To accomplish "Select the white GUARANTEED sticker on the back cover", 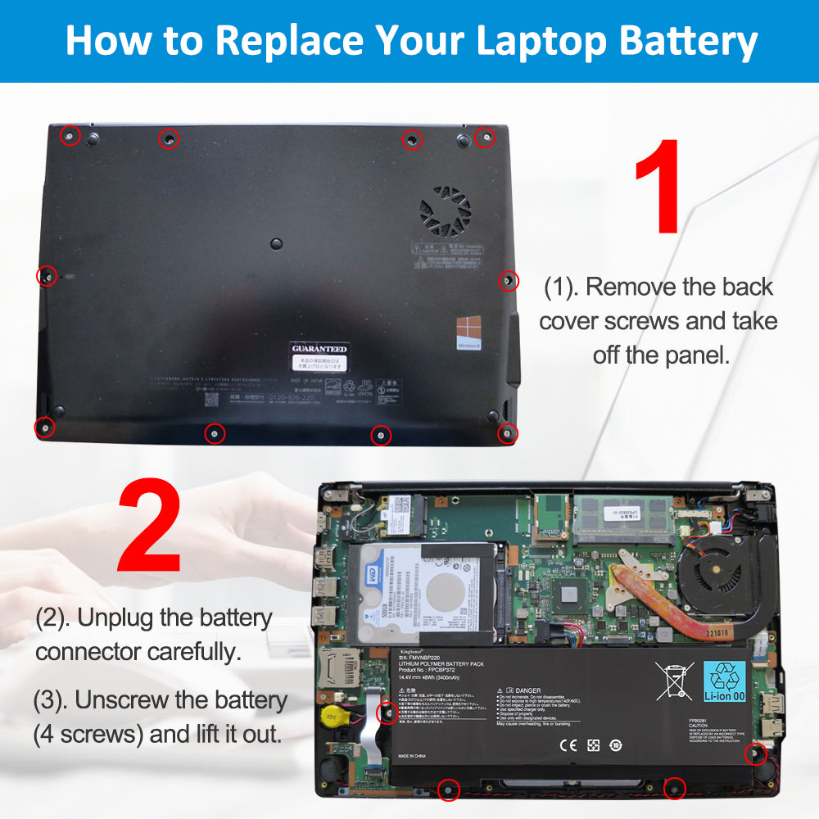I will click(319, 349).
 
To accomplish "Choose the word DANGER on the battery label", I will click(528, 690).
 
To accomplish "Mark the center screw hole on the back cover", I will click(276, 243).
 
